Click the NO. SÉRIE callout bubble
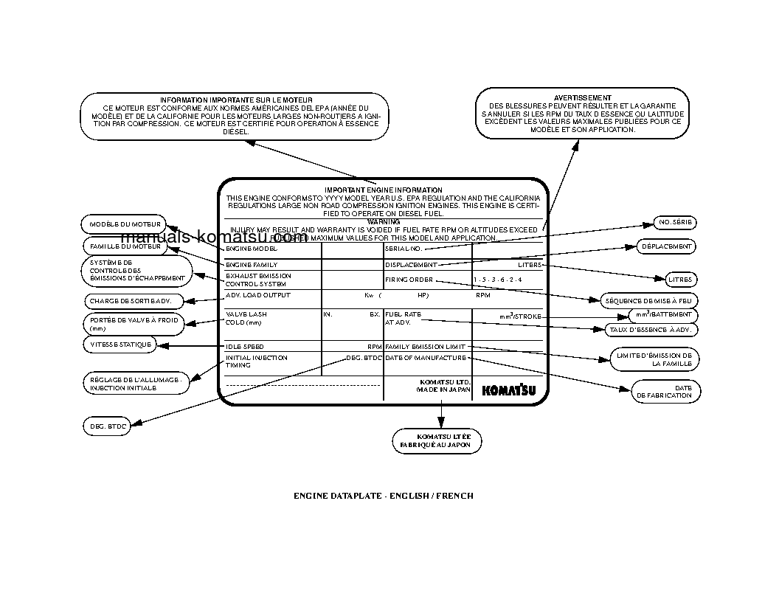tap(675, 223)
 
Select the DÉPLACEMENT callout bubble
tap(666, 246)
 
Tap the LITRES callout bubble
tap(679, 280)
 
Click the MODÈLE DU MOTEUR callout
tap(125, 224)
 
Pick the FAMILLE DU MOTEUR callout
tap(125, 246)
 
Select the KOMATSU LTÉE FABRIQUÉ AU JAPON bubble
tap(437, 440)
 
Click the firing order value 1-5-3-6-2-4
tap(497, 280)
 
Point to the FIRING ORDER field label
tap(409, 280)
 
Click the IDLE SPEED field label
tap(244, 346)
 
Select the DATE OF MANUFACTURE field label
tap(426, 358)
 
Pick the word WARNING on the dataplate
tap(383, 221)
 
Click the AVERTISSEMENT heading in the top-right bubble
tap(582, 97)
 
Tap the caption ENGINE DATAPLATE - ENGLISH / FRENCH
tap(384, 496)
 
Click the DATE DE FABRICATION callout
tap(665, 392)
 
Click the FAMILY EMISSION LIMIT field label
tap(426, 346)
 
